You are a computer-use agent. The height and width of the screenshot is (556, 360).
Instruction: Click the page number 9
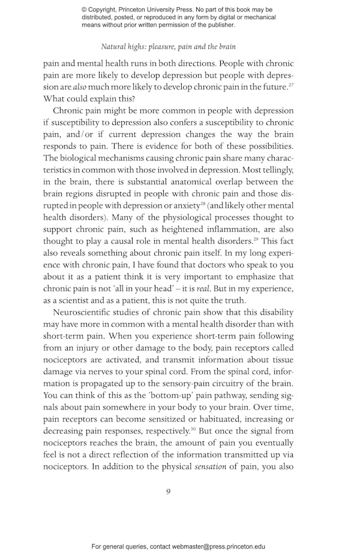(x=169, y=491)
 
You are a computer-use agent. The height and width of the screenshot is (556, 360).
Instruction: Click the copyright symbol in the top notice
(x=85, y=10)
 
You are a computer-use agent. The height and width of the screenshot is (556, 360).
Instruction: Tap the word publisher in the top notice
(x=218, y=25)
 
